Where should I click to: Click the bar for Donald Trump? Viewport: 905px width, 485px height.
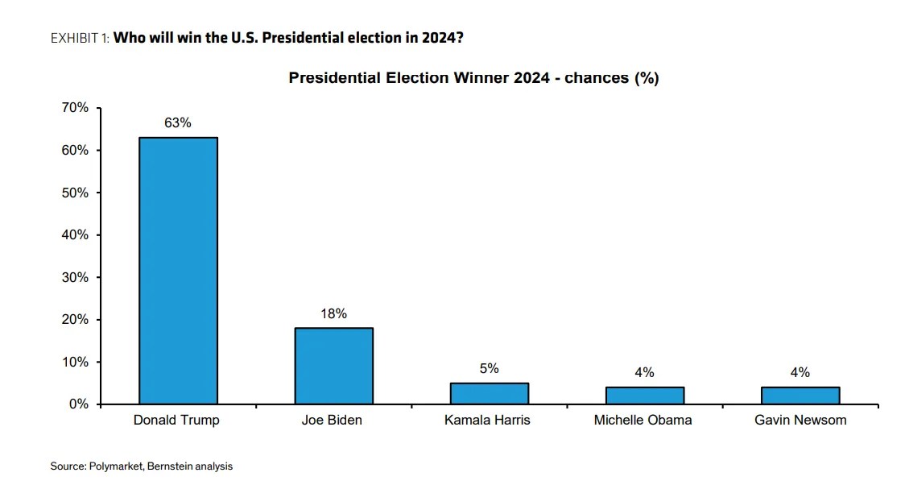click(x=178, y=270)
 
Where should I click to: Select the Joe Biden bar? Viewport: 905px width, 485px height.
click(x=333, y=365)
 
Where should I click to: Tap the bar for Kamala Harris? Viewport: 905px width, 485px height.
click(x=489, y=393)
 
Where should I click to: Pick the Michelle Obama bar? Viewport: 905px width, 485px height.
click(x=644, y=395)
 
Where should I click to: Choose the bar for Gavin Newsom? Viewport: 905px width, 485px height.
click(x=800, y=395)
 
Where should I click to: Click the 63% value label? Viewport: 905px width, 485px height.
click(x=178, y=123)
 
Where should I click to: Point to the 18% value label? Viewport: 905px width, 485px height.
click(x=333, y=313)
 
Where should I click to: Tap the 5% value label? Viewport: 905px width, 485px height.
click(x=489, y=368)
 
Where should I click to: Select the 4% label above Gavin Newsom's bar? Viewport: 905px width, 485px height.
click(x=800, y=372)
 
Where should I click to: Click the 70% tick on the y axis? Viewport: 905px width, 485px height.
click(x=75, y=108)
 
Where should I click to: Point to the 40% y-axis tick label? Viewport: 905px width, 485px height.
click(x=75, y=235)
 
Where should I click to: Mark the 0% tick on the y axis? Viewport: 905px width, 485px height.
click(x=78, y=404)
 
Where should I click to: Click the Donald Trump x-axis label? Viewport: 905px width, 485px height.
click(x=176, y=420)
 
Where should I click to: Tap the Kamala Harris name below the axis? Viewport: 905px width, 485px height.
click(x=487, y=420)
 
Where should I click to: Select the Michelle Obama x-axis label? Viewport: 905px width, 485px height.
click(x=643, y=420)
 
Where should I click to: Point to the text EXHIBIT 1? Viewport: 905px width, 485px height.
click(x=79, y=38)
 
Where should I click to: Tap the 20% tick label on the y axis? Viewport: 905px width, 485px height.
click(x=75, y=320)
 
